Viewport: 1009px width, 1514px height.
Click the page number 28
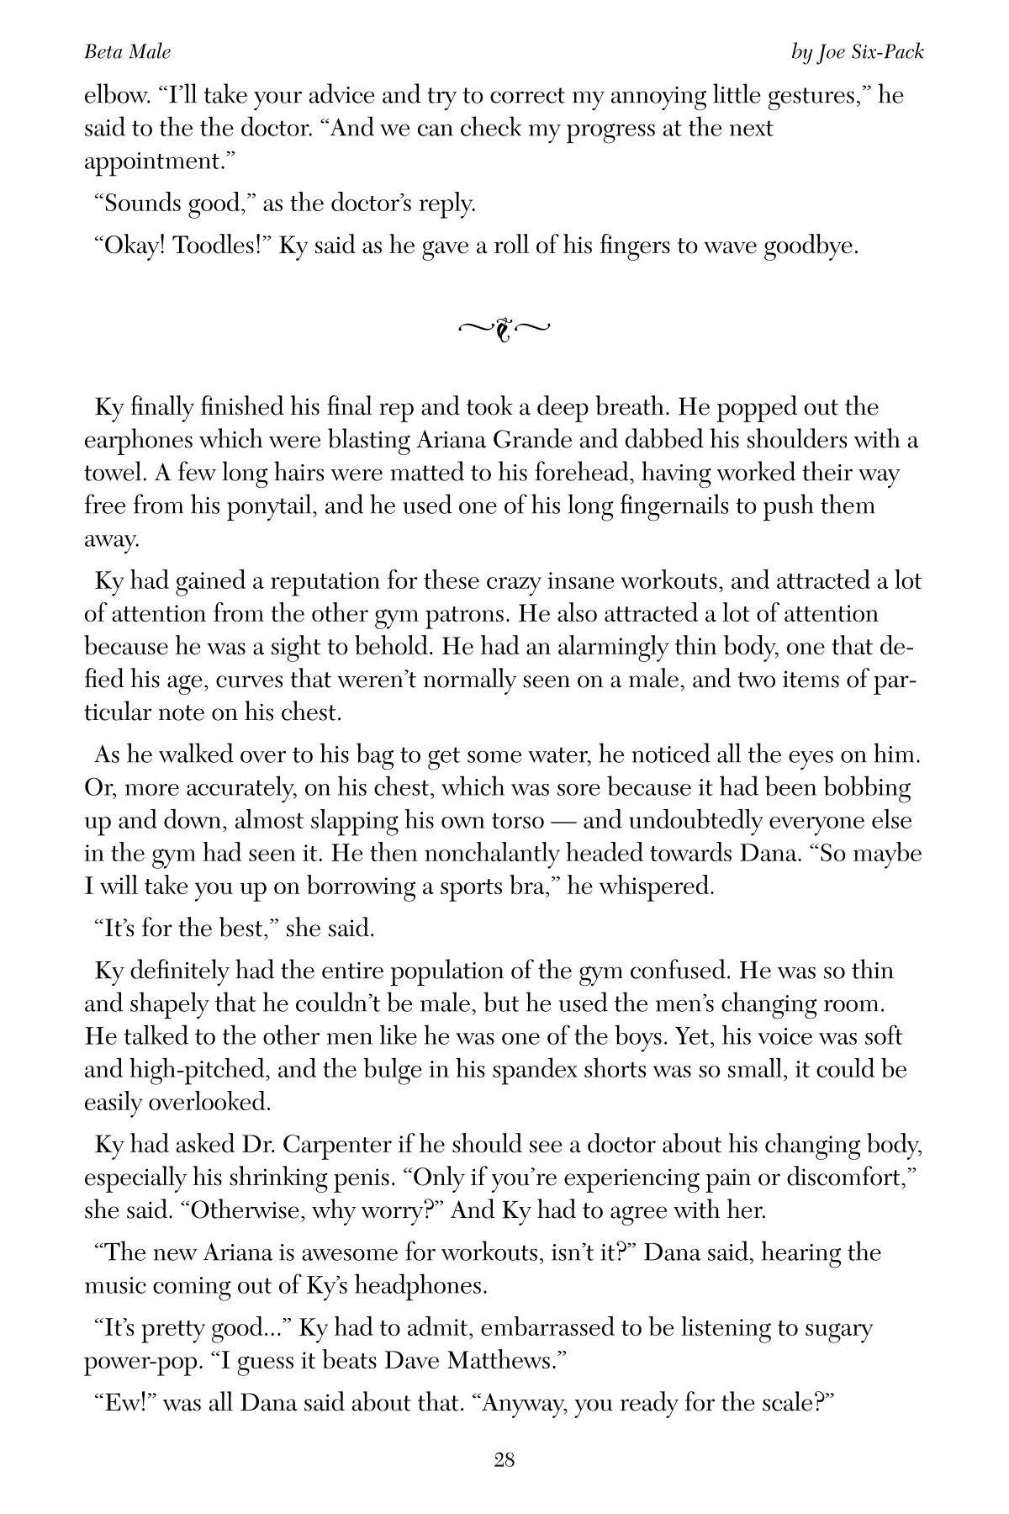(504, 1459)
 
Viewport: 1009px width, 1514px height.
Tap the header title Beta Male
(127, 52)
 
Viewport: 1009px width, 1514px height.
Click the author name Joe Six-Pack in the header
(869, 52)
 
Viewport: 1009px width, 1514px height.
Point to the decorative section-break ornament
(504, 330)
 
